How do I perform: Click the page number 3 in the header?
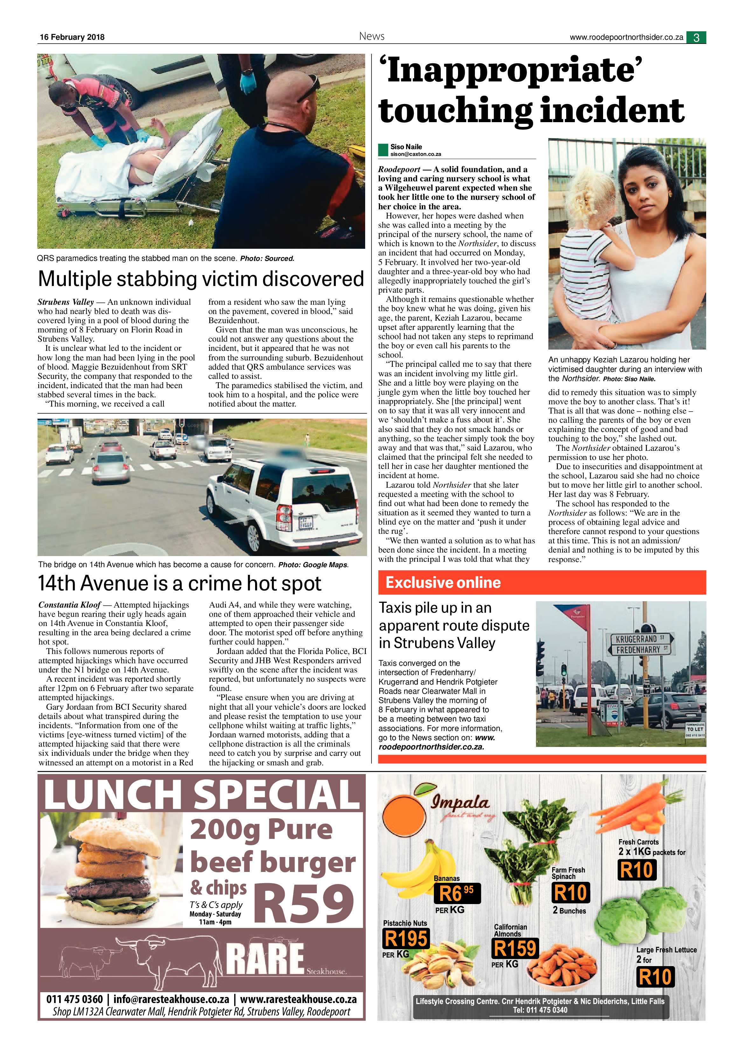tap(696, 38)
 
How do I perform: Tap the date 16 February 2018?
tap(72, 37)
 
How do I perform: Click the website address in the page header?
tap(626, 38)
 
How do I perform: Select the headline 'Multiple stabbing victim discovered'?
tap(201, 279)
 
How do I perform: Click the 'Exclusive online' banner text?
tap(443, 582)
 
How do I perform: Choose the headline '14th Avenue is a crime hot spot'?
tap(180, 583)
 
